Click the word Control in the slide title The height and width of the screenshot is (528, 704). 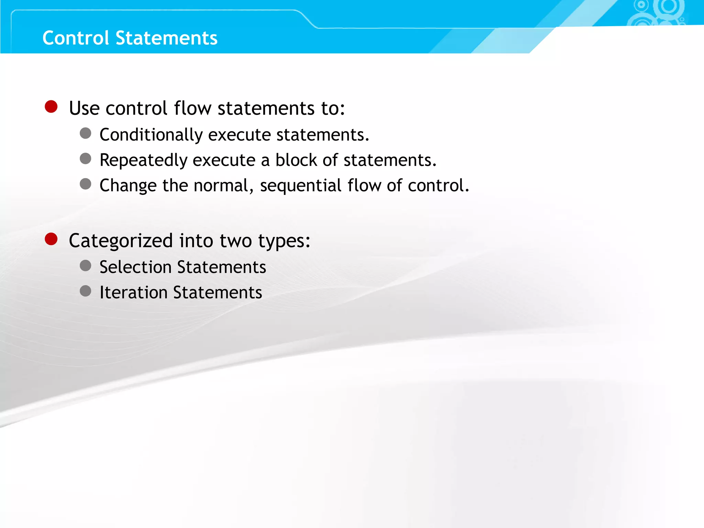pos(76,38)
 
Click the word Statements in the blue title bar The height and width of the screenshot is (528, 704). pos(166,38)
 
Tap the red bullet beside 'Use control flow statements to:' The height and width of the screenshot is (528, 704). pos(51,107)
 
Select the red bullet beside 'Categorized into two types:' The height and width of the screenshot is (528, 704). pos(51,239)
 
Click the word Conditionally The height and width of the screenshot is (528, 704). pos(151,135)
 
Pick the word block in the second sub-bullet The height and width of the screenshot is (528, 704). pos(296,160)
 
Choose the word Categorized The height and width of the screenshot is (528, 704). pos(121,241)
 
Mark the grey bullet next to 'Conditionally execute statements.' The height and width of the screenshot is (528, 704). pos(86,133)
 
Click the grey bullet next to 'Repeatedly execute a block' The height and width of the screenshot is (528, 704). pos(86,159)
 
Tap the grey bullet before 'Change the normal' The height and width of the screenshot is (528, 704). pos(86,184)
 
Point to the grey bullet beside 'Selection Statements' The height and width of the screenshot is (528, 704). pos(86,266)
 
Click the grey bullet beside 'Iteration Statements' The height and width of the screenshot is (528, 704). pos(86,291)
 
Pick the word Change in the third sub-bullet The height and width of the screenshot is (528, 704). pos(128,186)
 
